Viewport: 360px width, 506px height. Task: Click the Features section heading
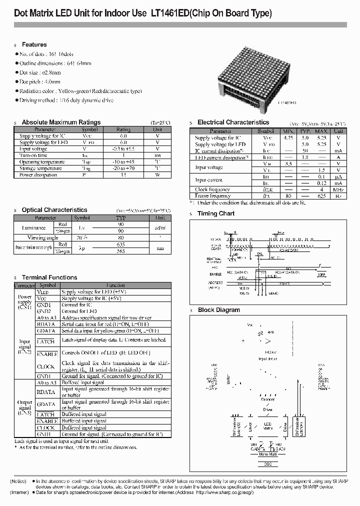pos(34,44)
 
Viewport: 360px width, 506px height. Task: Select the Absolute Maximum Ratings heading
pos(61,122)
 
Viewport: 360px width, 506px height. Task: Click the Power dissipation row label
pos(38,175)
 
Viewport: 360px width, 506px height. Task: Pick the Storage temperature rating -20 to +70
pos(123,168)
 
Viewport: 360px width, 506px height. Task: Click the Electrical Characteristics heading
pos(233,122)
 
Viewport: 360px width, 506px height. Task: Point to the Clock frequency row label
pos(212,189)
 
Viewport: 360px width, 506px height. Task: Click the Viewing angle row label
pos(43,238)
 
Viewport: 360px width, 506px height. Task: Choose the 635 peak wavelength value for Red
pos(121,244)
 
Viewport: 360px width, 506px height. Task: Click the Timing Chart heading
pos(215,213)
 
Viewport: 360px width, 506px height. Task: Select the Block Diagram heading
pos(218,310)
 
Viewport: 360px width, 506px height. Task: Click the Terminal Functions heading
pos(49,277)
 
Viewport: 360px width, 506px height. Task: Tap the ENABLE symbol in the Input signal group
pos(46,354)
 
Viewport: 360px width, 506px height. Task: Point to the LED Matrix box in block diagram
pos(268,425)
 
